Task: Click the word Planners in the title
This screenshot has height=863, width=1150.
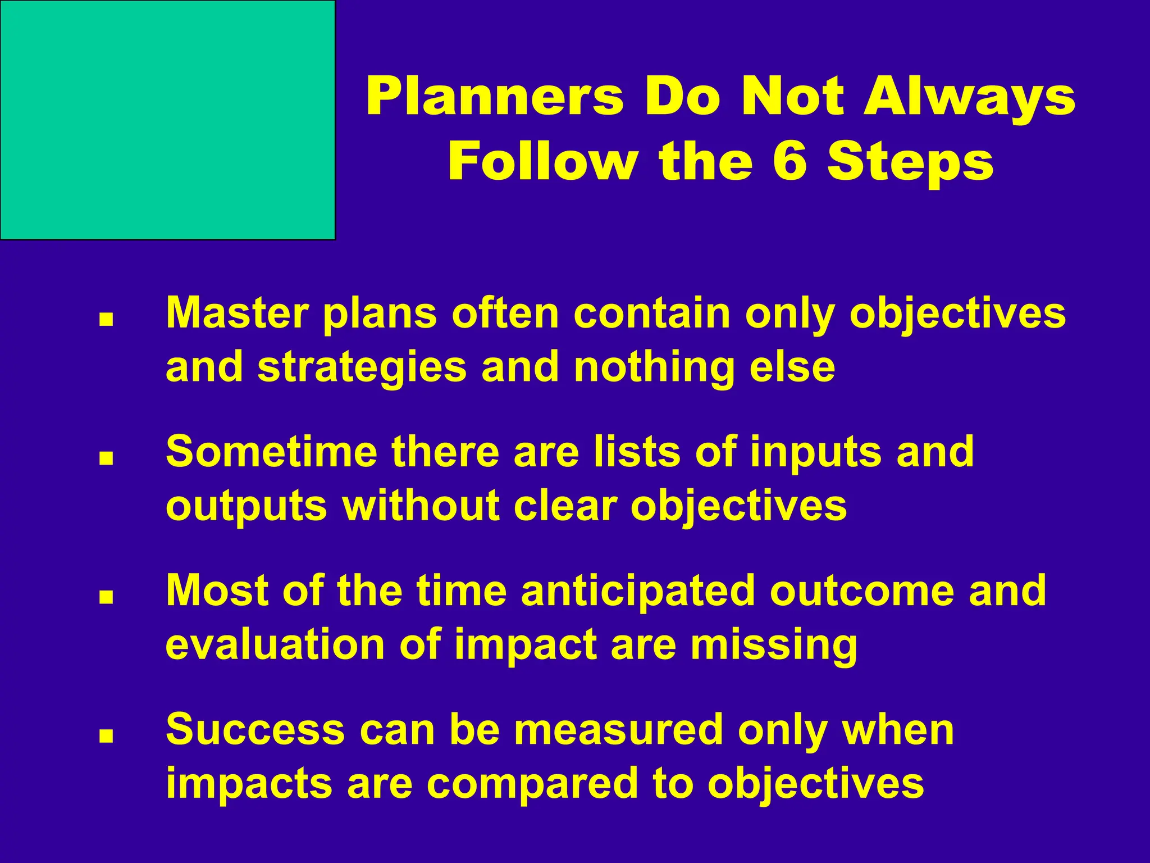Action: coord(494,97)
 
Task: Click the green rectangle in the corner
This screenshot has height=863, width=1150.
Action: coord(167,119)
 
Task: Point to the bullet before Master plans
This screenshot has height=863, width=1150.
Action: coord(106,320)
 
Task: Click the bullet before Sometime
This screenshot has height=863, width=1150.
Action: coord(106,458)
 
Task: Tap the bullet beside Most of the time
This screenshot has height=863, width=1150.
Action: coord(106,597)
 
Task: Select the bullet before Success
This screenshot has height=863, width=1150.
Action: coord(106,736)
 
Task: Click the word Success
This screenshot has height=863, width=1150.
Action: coord(255,729)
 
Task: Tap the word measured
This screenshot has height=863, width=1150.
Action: coord(618,729)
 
